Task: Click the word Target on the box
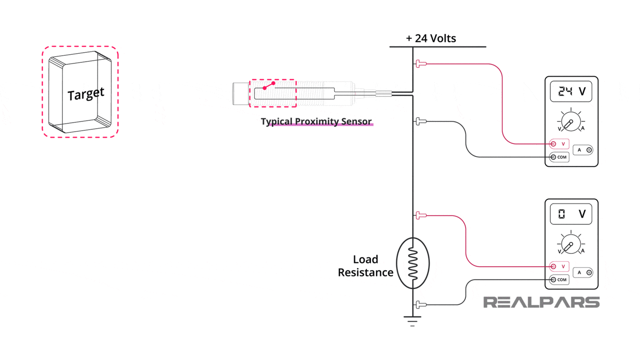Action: (x=86, y=94)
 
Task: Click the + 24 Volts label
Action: (x=431, y=38)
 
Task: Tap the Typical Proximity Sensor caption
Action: (x=316, y=121)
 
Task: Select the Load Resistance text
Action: (x=365, y=266)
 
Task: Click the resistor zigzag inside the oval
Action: (x=413, y=263)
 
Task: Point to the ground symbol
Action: (x=412, y=321)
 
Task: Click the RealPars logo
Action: (x=542, y=302)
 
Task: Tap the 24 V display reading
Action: (x=571, y=91)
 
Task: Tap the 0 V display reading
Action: (x=571, y=214)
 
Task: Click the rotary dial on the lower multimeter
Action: (x=571, y=245)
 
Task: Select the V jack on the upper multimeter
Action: (x=554, y=144)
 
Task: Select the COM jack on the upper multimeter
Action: (x=554, y=157)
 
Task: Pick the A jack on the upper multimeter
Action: (x=589, y=150)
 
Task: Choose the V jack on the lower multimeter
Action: (x=554, y=266)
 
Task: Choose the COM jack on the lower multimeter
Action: (x=554, y=280)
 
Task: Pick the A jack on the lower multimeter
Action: (x=589, y=273)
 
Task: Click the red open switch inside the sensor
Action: (x=269, y=86)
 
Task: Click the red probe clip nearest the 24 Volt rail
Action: (x=420, y=64)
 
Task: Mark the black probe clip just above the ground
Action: (x=420, y=305)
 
